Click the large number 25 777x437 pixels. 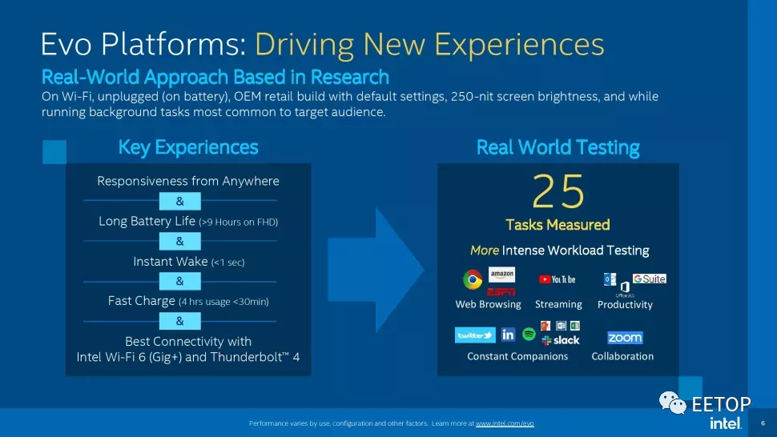558,192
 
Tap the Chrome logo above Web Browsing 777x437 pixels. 473,279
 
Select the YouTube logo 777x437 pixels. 558,279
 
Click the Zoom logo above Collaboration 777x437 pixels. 625,338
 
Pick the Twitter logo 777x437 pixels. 475,335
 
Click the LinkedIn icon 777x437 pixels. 508,335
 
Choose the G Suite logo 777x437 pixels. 650,279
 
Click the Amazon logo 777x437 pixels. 501,274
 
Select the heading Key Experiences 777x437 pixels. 188,147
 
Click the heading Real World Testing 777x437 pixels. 558,147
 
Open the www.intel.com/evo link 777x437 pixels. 505,423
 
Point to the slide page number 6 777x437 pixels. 763,423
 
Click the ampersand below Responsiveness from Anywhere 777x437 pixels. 179,201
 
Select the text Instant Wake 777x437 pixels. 170,262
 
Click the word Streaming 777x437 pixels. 558,304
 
